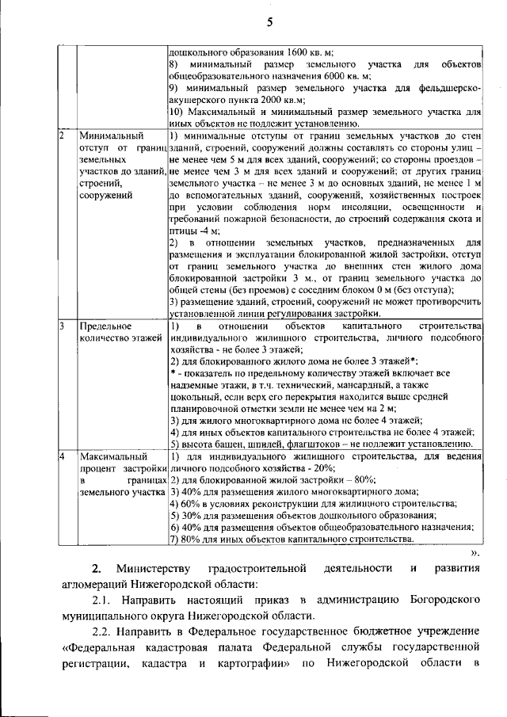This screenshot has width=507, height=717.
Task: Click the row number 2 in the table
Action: [62, 135]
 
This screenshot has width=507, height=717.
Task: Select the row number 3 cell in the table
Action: [62, 326]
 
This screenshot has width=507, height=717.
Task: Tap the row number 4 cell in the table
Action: [62, 457]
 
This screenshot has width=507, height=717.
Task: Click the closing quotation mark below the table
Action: [475, 553]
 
